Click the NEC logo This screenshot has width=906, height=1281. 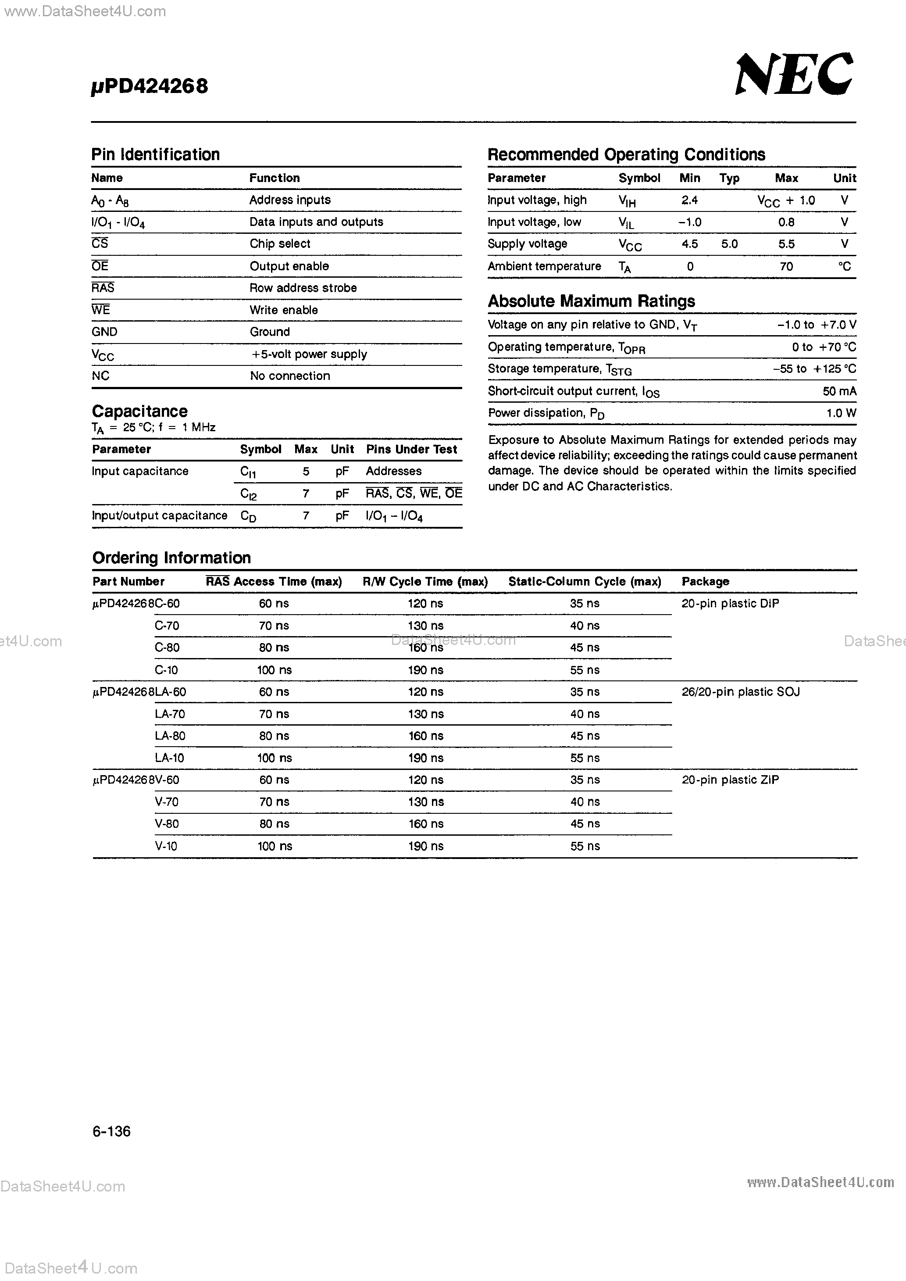point(793,75)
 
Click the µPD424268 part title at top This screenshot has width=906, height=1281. point(150,86)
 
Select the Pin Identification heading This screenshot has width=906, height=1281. point(155,154)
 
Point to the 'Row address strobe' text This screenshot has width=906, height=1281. point(303,288)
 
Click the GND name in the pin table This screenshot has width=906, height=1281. point(104,332)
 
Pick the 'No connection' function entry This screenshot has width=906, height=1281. point(289,376)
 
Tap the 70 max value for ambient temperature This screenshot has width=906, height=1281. point(785,267)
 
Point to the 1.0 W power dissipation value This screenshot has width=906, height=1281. point(841,413)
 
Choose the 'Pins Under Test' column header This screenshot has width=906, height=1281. point(411,450)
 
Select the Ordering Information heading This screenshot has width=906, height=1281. point(171,558)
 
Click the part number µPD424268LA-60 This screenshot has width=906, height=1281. point(139,692)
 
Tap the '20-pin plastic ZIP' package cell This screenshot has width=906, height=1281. point(730,780)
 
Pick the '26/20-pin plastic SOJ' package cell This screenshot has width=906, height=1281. point(740,692)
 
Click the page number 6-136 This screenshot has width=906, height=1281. point(111,1131)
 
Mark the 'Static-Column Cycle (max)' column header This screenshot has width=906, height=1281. point(584,582)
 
